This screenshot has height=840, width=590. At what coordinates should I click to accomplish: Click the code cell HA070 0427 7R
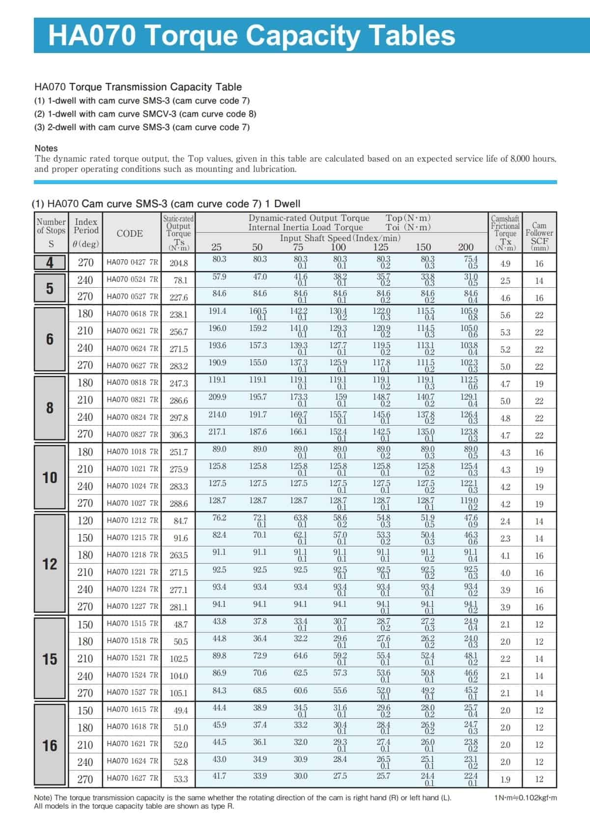(x=132, y=262)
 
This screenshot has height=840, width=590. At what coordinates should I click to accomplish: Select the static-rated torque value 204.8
(x=179, y=263)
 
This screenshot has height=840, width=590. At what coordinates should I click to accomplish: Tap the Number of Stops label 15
(x=50, y=659)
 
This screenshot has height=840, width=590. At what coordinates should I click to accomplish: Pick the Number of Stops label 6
(x=50, y=339)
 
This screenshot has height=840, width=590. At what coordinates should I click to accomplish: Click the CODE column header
(x=130, y=234)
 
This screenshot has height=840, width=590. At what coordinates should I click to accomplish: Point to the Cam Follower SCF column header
(x=539, y=233)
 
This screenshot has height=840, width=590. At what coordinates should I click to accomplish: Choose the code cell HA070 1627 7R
(x=132, y=778)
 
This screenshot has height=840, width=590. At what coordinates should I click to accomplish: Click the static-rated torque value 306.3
(x=179, y=435)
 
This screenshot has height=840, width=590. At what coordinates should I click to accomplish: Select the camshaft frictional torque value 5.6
(x=505, y=315)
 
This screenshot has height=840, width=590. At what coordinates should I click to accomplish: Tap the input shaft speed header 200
(x=466, y=247)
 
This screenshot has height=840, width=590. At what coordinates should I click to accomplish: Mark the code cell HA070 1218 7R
(x=132, y=555)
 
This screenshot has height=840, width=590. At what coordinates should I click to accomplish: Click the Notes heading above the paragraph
(x=46, y=148)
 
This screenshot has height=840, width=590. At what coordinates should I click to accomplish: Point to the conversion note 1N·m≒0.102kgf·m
(x=526, y=798)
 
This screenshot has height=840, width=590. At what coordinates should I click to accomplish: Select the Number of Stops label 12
(x=50, y=564)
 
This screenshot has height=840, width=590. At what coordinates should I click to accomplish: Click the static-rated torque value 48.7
(x=180, y=624)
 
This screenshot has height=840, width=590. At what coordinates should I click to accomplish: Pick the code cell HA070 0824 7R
(x=132, y=417)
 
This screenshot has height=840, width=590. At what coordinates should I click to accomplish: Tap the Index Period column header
(x=86, y=233)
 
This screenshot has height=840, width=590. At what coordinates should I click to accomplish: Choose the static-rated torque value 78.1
(x=180, y=280)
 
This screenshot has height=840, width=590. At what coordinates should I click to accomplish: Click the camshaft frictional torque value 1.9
(x=505, y=779)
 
